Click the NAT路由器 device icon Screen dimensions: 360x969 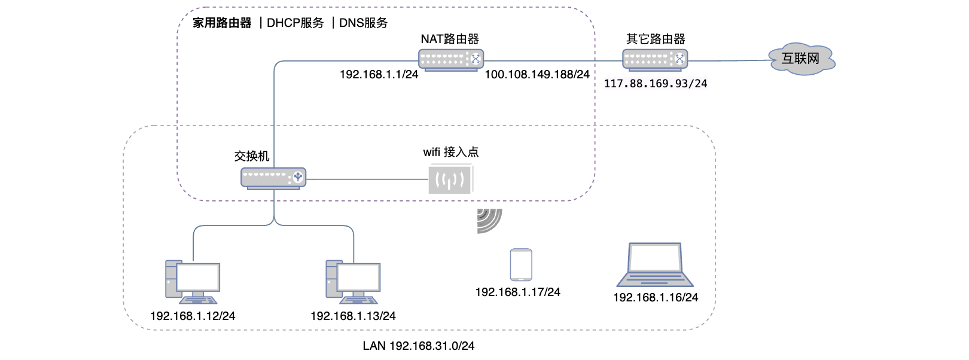click(x=450, y=59)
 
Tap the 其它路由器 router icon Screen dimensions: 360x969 click(x=655, y=59)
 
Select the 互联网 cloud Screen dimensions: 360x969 click(x=802, y=59)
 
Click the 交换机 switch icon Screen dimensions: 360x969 click(x=273, y=178)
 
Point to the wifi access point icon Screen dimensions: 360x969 click(x=450, y=179)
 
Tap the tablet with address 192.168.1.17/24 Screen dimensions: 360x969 click(x=521, y=264)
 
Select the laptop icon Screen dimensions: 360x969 click(x=655, y=265)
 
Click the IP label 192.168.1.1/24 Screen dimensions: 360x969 click(x=379, y=75)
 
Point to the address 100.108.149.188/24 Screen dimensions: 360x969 click(x=537, y=75)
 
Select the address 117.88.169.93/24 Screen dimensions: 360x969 click(x=655, y=84)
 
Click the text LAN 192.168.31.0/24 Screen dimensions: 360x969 click(x=418, y=346)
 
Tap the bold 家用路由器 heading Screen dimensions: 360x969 click(x=222, y=23)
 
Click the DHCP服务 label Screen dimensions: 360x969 click(x=295, y=23)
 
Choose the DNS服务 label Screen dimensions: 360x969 click(x=363, y=23)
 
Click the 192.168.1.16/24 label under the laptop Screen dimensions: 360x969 click(x=655, y=297)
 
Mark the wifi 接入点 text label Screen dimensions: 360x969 click(x=450, y=152)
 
